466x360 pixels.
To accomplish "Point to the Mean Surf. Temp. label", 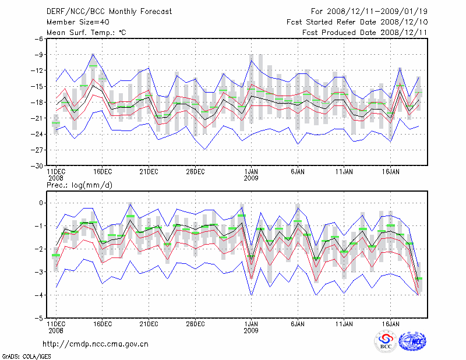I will click(86, 32).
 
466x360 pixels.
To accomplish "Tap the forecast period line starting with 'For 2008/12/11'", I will click(368, 11).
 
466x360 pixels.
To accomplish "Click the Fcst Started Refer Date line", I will click(357, 22).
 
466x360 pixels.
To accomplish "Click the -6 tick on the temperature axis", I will click(40, 38).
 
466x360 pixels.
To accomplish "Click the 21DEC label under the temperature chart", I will click(149, 172).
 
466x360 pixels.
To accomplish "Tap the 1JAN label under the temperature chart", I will click(251, 172).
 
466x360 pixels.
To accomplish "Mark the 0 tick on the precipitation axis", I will click(41, 203).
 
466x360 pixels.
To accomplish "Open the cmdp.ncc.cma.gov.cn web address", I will click(96, 344).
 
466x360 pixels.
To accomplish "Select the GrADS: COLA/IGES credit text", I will click(22, 355).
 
